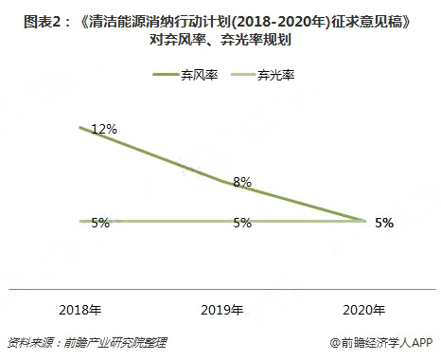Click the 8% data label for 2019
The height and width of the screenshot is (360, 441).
[x=241, y=181]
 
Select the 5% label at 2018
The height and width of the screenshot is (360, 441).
[x=101, y=223]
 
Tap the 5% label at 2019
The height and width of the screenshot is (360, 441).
[x=241, y=223]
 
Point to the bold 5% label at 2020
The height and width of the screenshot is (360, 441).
[x=383, y=223]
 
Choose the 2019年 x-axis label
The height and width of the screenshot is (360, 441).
[x=222, y=310]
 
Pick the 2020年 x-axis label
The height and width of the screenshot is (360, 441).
[x=364, y=310]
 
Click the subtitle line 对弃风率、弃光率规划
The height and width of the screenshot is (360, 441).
[x=220, y=40]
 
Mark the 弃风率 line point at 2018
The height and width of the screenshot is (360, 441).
[x=81, y=127]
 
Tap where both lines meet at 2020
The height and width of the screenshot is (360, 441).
[x=364, y=222]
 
